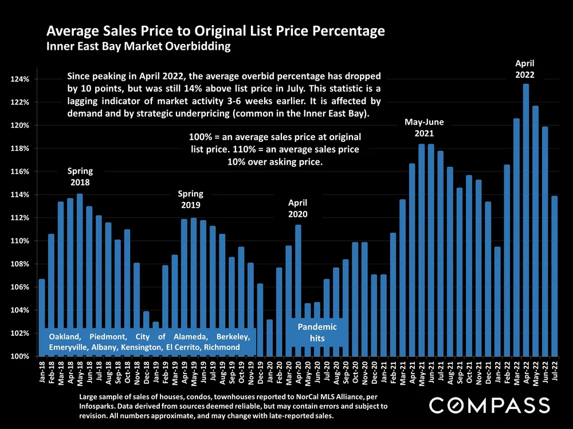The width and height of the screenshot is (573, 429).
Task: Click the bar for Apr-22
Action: coord(526,220)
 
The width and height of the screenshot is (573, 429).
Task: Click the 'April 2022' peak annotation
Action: coord(525,69)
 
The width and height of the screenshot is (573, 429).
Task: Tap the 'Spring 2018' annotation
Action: coord(80,177)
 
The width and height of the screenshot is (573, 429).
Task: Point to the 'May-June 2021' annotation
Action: coord(424,128)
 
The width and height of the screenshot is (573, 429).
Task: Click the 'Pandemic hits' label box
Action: coord(317,332)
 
